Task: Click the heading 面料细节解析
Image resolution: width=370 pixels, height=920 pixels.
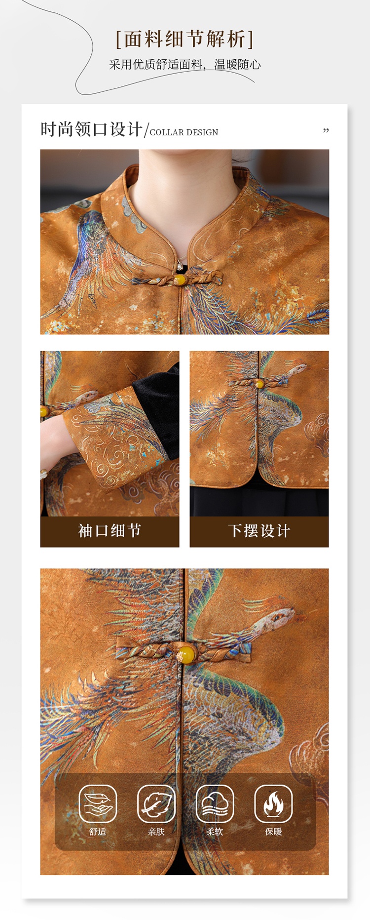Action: (185, 40)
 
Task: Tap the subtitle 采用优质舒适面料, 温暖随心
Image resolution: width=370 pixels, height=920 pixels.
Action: (185, 65)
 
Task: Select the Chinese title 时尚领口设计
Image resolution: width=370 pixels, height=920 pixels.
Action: (92, 129)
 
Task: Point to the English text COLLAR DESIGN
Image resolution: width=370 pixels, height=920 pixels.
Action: (184, 132)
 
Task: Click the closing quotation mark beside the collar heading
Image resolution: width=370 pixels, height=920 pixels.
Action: (326, 131)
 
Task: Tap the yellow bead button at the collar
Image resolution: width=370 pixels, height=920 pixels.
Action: (180, 280)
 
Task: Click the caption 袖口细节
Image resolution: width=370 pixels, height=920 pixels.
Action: (110, 531)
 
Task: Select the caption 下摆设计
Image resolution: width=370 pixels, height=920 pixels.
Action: (259, 531)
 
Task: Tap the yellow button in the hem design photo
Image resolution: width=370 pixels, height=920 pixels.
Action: (259, 384)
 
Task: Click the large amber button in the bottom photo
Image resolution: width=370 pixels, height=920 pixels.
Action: (186, 654)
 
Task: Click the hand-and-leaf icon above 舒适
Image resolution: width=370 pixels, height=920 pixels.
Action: (98, 803)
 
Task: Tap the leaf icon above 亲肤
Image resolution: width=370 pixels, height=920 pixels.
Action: (156, 803)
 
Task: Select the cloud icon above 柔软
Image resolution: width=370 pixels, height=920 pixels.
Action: (215, 803)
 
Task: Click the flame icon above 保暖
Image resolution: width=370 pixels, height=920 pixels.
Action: (273, 803)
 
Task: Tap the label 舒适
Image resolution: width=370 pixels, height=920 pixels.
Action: (98, 832)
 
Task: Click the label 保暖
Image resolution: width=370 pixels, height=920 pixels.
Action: (273, 832)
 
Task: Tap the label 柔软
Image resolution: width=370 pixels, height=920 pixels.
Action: (215, 832)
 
